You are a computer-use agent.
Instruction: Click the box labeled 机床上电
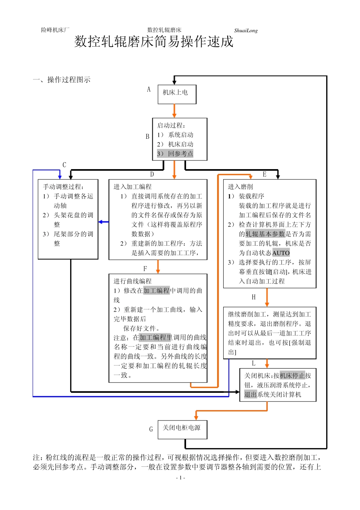(177, 94)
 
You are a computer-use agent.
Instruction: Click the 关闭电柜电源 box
(182, 429)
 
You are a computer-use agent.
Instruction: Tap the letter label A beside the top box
(149, 89)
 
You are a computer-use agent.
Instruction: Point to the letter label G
(151, 429)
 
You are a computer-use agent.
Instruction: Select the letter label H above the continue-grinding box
(254, 297)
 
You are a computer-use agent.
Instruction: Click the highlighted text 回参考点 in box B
(180, 154)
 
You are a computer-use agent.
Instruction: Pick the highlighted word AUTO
(281, 253)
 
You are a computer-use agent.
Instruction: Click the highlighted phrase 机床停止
(292, 376)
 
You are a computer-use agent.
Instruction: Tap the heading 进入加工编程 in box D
(132, 187)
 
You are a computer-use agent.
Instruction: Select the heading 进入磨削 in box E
(240, 187)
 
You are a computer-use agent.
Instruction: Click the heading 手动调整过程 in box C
(63, 187)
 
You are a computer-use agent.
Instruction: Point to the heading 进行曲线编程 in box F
(132, 281)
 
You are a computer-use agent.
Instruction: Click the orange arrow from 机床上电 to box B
(174, 111)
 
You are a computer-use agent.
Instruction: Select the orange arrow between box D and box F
(158, 267)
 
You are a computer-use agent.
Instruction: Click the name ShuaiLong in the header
(246, 31)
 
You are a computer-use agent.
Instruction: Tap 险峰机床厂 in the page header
(55, 30)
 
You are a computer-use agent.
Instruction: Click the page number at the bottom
(180, 478)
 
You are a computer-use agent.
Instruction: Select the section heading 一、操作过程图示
(62, 80)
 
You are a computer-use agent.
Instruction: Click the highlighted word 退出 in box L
(250, 395)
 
